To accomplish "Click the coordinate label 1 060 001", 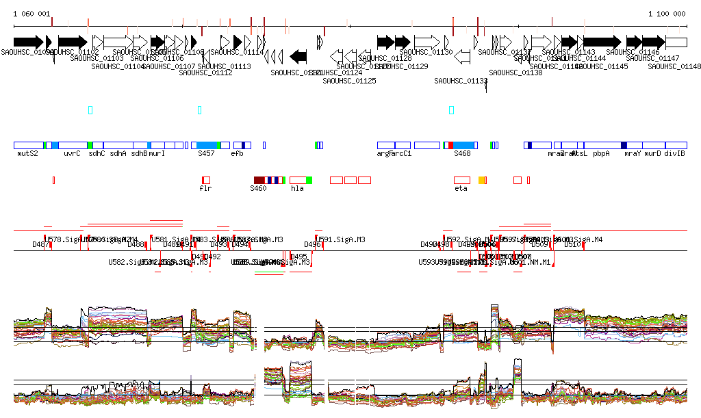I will pos(31,14).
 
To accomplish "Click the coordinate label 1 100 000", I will pos(667,14).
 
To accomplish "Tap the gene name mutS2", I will pos(27,154).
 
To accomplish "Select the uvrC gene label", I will pos(72,154).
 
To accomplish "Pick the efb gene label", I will pos(237,154).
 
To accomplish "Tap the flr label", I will pos(205,188).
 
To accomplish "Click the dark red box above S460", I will pos(259,180).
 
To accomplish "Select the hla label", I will pos(297,188).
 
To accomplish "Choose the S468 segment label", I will pos(463,154).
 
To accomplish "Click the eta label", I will pos(461,188).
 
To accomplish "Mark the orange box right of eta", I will pos(483,180).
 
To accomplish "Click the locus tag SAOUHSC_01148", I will pos(674,66).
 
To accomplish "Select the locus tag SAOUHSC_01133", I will pos(461,81).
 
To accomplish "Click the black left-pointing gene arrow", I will pos(298,56).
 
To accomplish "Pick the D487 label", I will pos(40,244).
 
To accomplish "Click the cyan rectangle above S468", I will pos(451,110).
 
